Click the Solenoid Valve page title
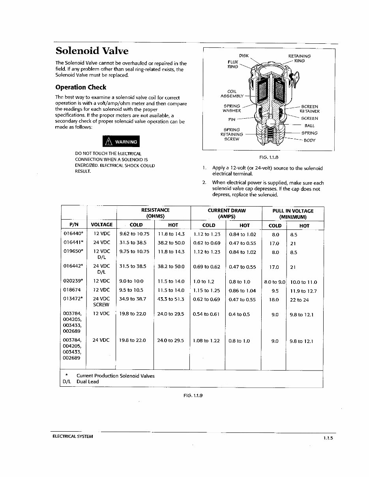pyautogui.click(x=92, y=51)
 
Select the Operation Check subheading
pyautogui.click(x=81, y=87)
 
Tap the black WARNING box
pyautogui.click(x=121, y=142)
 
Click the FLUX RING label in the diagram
pyautogui.click(x=233, y=64)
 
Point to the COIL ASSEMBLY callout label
pyautogui.click(x=232, y=93)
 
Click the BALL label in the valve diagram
pyautogui.click(x=309, y=126)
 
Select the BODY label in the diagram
pyautogui.click(x=309, y=140)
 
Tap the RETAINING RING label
pyautogui.click(x=300, y=58)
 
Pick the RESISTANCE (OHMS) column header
pyautogui.click(x=155, y=213)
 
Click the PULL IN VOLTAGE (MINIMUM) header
pyautogui.click(x=293, y=214)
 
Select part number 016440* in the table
pyautogui.click(x=73, y=234)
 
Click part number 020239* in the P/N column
pyautogui.click(x=73, y=281)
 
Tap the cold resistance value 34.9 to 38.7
pyautogui.click(x=133, y=299)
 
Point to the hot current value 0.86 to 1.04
pyautogui.click(x=242, y=291)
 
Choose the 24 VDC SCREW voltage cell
pyautogui.click(x=101, y=302)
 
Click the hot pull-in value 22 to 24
pyautogui.click(x=300, y=300)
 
